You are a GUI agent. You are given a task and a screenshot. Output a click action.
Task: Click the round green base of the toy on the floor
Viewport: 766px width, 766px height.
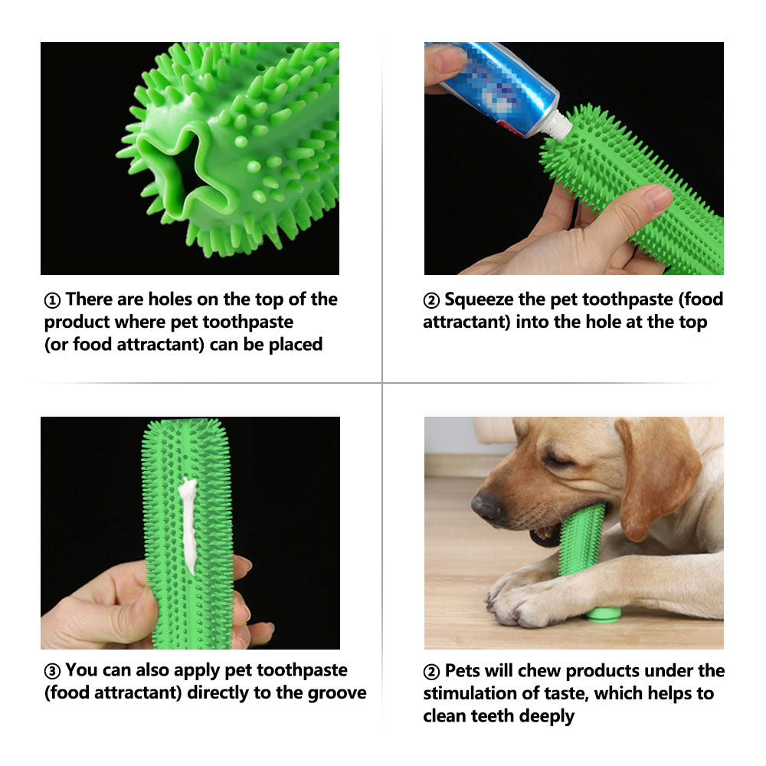[604, 614]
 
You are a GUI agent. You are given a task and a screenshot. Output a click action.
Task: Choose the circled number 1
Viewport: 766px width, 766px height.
[52, 300]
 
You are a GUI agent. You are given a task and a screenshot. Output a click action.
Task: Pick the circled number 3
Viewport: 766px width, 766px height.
[52, 672]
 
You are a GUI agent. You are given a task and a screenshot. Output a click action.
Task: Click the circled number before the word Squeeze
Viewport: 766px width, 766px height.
[431, 300]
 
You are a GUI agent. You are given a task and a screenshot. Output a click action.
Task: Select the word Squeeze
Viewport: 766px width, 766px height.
[483, 300]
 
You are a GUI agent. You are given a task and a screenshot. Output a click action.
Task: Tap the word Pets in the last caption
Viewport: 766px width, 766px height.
[462, 671]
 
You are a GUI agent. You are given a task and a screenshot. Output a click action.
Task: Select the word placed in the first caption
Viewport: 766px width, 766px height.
[295, 345]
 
